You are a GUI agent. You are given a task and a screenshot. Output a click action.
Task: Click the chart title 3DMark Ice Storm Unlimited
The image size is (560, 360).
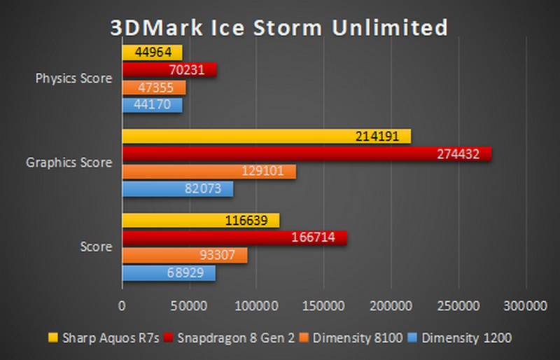tap(279, 27)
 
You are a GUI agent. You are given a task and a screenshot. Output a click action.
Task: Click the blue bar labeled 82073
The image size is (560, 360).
tap(178, 189)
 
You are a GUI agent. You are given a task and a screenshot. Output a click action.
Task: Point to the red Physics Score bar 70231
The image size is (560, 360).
tap(169, 70)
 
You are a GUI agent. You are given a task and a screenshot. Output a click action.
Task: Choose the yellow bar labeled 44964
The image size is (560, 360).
tap(152, 53)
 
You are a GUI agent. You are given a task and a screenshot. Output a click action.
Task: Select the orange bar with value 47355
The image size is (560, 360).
tap(154, 88)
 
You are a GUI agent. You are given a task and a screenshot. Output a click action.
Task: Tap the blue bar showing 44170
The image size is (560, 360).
tap(152, 105)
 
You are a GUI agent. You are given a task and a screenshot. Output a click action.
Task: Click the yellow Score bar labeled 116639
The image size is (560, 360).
tap(201, 221)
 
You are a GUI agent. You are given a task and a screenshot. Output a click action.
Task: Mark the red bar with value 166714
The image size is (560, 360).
tap(234, 238)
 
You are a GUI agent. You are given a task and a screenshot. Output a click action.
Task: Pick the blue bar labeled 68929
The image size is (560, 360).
tap(169, 273)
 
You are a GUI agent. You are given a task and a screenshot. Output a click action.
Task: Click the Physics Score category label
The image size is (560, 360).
tap(73, 78)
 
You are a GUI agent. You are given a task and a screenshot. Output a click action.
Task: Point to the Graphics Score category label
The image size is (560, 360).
tap(69, 162)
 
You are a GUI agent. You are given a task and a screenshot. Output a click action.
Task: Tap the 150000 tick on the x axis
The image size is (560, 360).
tap(323, 306)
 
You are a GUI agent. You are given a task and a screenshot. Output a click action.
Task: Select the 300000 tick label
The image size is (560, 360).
tap(525, 306)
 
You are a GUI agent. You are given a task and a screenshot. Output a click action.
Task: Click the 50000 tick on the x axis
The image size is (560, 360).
tap(189, 306)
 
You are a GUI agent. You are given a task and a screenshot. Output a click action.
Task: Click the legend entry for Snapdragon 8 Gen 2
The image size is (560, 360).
tap(226, 338)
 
